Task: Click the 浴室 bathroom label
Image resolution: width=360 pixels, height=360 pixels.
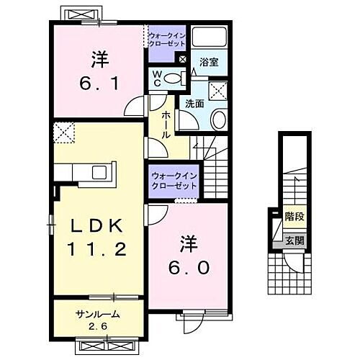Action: tap(208, 63)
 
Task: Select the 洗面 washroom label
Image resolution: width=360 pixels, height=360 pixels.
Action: tap(194, 104)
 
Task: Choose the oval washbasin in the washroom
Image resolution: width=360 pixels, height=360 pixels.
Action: tap(220, 120)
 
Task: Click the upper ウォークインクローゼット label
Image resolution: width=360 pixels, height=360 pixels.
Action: tap(167, 37)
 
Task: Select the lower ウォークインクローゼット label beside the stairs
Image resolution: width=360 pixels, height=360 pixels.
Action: tap(174, 181)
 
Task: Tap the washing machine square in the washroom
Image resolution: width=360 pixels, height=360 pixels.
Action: tap(215, 91)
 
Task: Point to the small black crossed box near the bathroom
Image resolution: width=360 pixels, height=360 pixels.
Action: tap(181, 59)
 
